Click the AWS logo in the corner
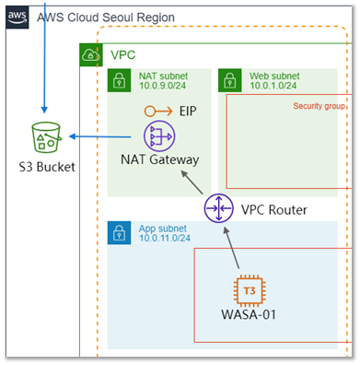[17, 18]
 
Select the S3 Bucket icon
[47, 137]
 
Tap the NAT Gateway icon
[159, 136]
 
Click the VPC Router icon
[218, 208]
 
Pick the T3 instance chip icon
[250, 291]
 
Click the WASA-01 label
[249, 314]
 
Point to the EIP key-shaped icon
[158, 112]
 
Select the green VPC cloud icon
[91, 55]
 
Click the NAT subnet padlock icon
[119, 80]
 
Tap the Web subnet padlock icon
[230, 80]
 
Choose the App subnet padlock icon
[119, 233]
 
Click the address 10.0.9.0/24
[162, 86]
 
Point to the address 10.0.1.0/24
[273, 86]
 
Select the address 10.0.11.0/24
[165, 238]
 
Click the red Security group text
[319, 106]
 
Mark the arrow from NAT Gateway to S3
[99, 136]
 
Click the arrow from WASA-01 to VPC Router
[231, 248]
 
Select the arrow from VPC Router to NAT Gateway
[192, 182]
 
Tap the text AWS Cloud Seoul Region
[106, 18]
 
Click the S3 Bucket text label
[47, 167]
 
